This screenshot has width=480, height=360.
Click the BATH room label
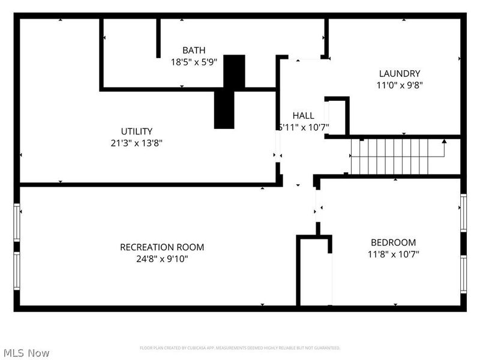(194, 50)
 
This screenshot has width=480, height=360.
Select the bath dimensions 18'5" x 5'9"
(194, 61)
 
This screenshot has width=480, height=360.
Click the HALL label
(303, 115)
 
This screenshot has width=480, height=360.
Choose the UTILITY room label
(137, 131)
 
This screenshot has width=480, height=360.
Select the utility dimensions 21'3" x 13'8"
(137, 143)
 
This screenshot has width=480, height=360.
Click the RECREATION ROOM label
(162, 247)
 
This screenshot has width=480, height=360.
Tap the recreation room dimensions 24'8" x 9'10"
(162, 259)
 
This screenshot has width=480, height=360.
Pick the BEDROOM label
(393, 242)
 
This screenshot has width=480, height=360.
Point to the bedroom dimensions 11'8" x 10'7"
(393, 254)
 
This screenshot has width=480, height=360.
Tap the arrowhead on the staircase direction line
(444, 142)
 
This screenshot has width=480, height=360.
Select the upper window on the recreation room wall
(17, 221)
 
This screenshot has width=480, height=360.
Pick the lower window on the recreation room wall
(17, 271)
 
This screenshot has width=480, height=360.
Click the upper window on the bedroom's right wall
(463, 212)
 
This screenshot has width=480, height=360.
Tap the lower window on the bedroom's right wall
(463, 274)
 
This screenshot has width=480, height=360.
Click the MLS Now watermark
(26, 353)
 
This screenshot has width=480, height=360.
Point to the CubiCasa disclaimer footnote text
(240, 348)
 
